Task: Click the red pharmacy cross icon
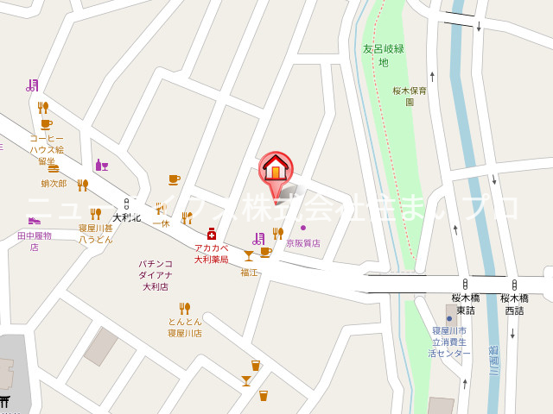tap(211, 234)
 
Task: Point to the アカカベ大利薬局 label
tap(211, 253)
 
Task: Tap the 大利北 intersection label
tap(126, 217)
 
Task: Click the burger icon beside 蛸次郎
tap(54, 169)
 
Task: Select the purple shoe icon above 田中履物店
tap(34, 221)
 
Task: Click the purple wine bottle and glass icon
tap(101, 165)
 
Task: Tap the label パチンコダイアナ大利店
tap(156, 275)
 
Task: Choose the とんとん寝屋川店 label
tap(184, 327)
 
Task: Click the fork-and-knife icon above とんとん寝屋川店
tap(184, 308)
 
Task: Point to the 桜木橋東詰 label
tap(465, 304)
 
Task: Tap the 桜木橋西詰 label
tap(513, 304)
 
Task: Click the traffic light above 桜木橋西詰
tap(513, 284)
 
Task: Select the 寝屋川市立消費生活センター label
tap(450, 342)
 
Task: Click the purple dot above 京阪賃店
tap(303, 228)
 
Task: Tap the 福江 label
tap(249, 272)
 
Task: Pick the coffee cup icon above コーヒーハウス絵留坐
tap(46, 125)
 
